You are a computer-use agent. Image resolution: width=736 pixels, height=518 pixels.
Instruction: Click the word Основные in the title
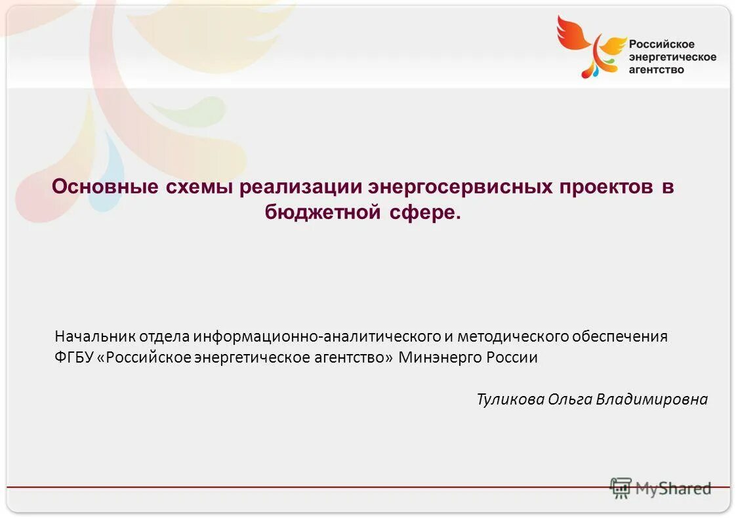(x=105, y=187)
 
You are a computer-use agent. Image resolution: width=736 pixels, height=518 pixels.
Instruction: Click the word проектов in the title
(x=606, y=187)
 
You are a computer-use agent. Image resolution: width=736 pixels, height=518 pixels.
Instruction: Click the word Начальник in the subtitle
(x=96, y=337)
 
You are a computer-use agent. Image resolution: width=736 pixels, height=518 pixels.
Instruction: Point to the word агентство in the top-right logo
(x=656, y=69)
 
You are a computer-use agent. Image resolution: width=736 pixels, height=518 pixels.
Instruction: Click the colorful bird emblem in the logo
(x=590, y=46)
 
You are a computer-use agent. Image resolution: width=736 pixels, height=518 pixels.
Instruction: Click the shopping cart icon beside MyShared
(x=621, y=488)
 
